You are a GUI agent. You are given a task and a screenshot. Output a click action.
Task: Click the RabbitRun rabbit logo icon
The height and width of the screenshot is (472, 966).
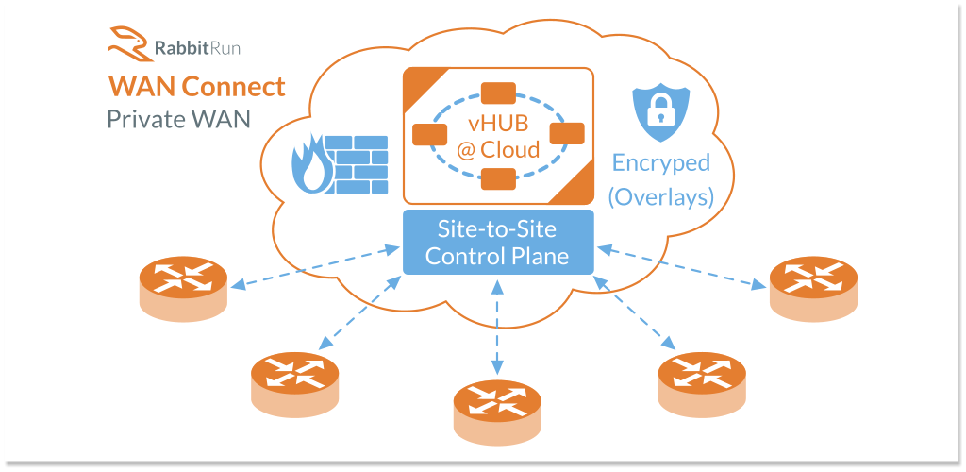pos(127,43)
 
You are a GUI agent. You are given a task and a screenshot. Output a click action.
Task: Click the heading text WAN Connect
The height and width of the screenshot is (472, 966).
pos(196,87)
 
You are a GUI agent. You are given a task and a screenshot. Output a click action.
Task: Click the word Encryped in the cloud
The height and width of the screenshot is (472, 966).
pos(660,162)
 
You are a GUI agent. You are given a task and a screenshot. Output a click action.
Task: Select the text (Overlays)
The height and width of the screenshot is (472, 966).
pos(660,196)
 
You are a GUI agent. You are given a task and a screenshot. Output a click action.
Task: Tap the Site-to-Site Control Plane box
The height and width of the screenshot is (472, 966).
pos(498,242)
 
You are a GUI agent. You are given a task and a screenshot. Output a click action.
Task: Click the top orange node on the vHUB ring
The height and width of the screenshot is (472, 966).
pos(498,93)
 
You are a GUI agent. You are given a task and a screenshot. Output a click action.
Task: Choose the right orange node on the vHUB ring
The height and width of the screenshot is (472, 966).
pos(567,135)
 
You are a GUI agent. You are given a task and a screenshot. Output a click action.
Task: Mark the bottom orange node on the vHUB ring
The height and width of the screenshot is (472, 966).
pos(498,177)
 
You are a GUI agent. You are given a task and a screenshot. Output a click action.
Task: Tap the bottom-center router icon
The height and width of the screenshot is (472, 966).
pos(498,406)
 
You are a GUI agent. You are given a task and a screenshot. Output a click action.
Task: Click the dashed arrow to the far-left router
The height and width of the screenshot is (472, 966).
pos(315,267)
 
